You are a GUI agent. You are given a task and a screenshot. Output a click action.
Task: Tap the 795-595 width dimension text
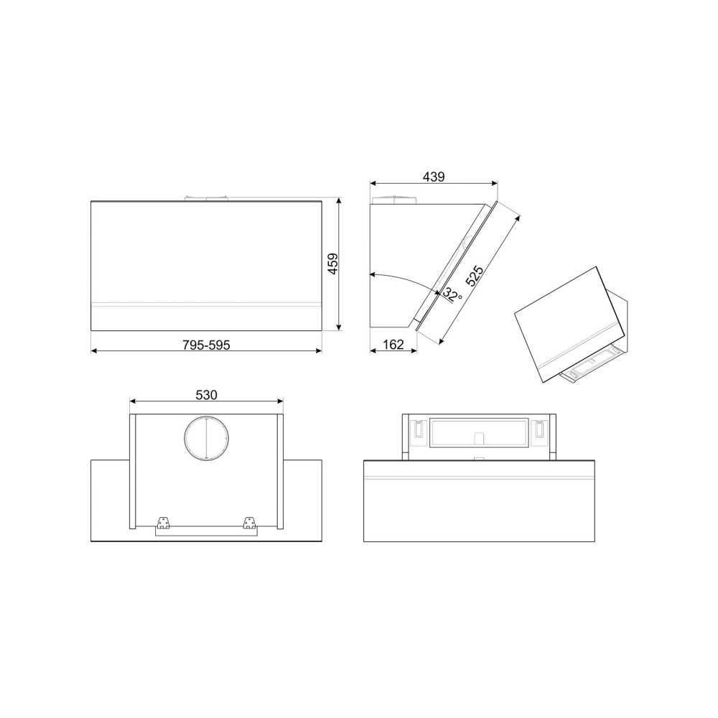tap(206, 345)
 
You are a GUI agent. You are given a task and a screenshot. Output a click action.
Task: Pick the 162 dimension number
tap(393, 345)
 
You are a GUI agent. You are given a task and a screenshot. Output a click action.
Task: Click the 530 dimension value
tap(206, 394)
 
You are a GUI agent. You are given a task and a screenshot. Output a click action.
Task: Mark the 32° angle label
tap(452, 294)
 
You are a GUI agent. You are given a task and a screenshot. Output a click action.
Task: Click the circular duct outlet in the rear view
tap(205, 437)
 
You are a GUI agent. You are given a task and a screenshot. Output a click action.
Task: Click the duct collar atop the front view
tap(206, 197)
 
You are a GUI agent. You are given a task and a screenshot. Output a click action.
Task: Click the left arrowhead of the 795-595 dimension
tap(94, 351)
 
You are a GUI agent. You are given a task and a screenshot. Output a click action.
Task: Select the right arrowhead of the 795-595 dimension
tap(318, 351)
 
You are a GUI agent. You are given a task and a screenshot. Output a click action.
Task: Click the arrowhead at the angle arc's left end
tap(372, 274)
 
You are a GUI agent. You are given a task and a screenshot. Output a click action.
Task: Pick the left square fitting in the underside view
tap(415, 430)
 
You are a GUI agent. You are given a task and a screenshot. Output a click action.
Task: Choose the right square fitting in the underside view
tap(539, 430)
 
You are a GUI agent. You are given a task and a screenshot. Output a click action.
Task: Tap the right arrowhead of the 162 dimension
tap(415, 351)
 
